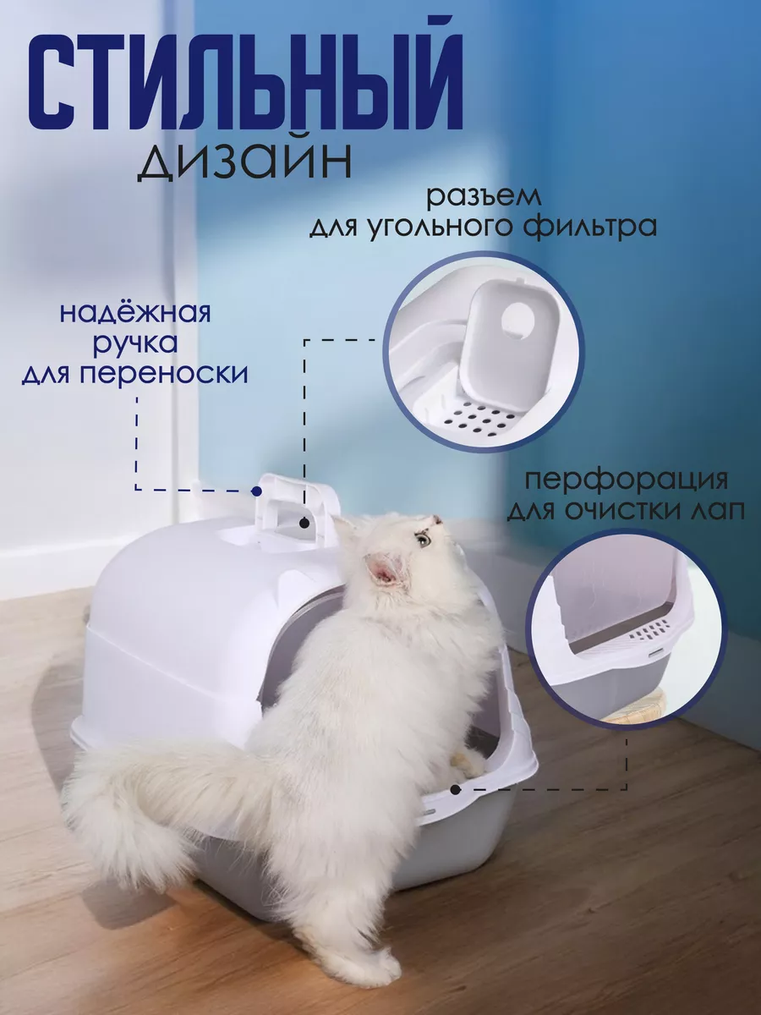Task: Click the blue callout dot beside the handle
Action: click(x=256, y=491)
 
